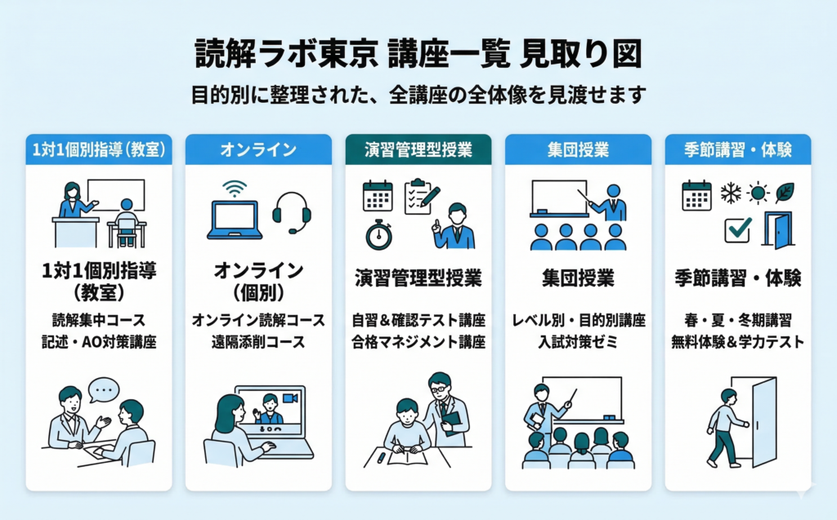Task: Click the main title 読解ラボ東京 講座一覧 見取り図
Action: coord(418,55)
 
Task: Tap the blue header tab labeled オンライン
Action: coord(258,150)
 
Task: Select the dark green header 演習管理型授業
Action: coord(418,150)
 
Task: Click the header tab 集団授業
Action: coord(578,150)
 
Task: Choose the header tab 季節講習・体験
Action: coord(737,150)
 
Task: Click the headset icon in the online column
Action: coord(292,211)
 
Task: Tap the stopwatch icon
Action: coord(378,233)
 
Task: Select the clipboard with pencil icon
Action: coord(422,196)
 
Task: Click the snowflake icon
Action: coord(730,193)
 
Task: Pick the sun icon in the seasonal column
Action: coord(758,193)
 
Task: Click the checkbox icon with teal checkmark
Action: coord(737,229)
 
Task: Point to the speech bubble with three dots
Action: coord(102,389)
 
